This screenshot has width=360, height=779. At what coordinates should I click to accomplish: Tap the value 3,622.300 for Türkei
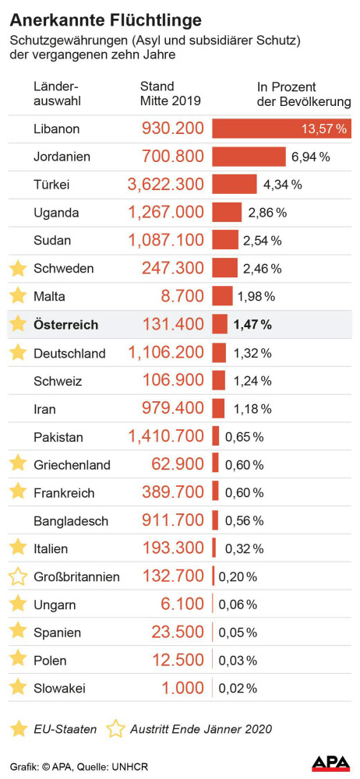pos(165,185)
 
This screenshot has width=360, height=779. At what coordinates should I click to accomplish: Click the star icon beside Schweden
pos(17,269)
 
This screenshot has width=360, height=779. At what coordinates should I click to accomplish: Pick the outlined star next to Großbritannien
pos(17,576)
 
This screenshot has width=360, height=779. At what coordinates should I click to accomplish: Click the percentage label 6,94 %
pos(310,157)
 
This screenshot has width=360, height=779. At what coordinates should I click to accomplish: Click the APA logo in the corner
pos(330,763)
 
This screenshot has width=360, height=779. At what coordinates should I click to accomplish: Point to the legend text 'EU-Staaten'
pos(65,729)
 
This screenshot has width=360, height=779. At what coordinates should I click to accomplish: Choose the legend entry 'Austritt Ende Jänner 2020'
pos(201,729)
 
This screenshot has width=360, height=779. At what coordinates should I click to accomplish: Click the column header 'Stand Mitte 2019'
pos(170,93)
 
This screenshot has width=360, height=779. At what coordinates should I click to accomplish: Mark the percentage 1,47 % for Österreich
pos(253,325)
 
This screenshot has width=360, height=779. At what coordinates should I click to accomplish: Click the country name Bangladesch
pos(71,521)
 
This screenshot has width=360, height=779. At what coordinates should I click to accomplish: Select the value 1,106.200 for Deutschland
pos(165,353)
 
